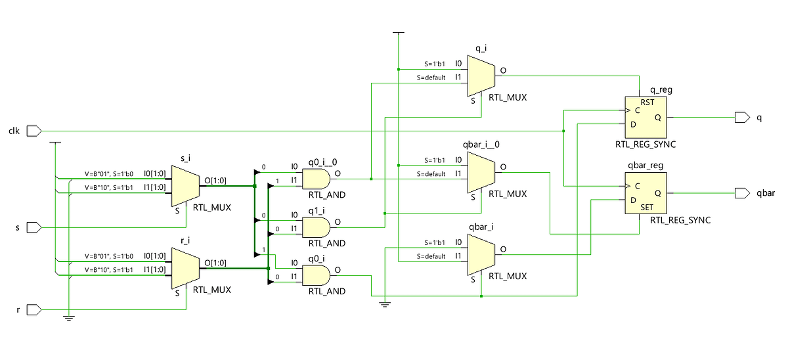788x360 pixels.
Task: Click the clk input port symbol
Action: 33,131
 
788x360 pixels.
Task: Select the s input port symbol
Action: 33,227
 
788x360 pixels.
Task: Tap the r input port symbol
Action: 33,309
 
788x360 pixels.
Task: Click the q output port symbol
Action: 742,118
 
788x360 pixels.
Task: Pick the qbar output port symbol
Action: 742,193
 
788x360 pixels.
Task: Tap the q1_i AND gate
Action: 316,227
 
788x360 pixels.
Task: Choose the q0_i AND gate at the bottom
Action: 316,275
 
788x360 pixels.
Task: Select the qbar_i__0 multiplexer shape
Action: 481,172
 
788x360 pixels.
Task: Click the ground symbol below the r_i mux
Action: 68,319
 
